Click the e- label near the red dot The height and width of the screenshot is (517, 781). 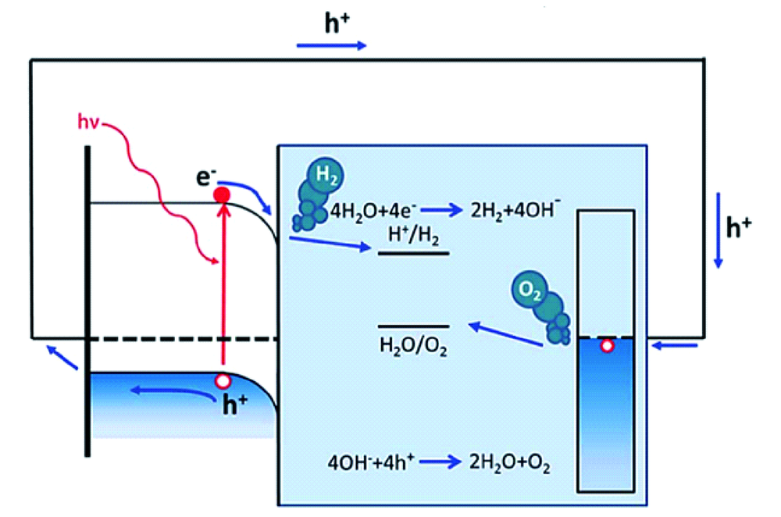tap(205, 176)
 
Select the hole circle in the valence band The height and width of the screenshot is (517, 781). tap(223, 381)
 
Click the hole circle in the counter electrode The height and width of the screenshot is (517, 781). tap(606, 346)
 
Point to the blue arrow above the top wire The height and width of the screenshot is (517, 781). tap(331, 45)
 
